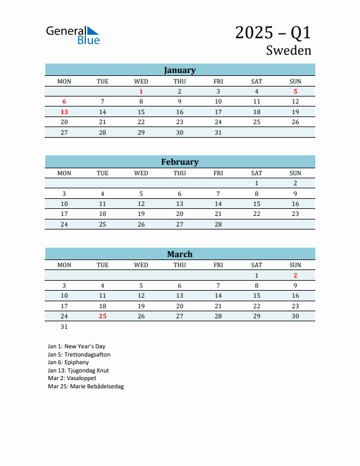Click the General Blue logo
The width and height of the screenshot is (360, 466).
73,35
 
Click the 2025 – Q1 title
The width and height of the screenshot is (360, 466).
273,32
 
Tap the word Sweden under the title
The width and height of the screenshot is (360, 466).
288,50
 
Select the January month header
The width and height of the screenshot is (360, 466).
179,70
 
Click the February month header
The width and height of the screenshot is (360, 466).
179,162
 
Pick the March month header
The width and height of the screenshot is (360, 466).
179,254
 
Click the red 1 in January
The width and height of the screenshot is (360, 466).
141,91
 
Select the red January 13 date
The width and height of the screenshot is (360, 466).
64,112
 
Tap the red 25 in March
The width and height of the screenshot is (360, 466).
102,316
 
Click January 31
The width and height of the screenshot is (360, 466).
218,132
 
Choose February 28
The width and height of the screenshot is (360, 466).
218,224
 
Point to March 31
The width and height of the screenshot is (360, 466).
64,327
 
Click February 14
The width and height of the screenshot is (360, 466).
218,204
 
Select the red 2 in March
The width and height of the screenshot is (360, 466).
295,275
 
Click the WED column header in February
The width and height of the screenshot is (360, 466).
141,173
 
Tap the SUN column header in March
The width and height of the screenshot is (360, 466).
295,265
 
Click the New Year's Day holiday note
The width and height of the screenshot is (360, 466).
76,347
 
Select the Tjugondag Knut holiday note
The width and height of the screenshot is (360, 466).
78,371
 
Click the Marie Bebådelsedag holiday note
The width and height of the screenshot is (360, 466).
86,387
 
